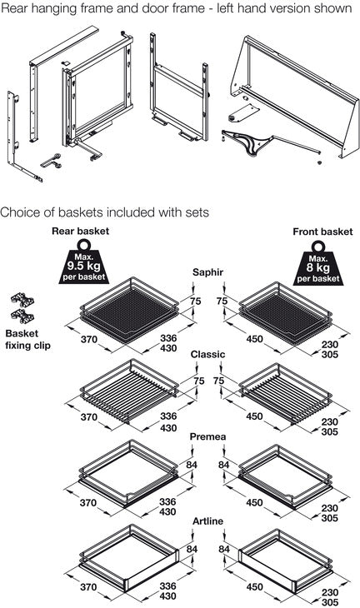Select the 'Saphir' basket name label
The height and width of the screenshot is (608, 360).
click(208, 272)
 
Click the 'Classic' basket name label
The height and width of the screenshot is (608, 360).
click(207, 355)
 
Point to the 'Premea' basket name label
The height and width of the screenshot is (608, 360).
click(207, 436)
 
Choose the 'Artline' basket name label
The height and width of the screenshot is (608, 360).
click(208, 521)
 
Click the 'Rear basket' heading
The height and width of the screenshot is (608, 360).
click(80, 231)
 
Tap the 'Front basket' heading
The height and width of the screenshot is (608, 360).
click(322, 232)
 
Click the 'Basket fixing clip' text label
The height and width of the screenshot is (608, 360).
click(28, 339)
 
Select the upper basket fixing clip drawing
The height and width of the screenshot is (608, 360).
click(22, 300)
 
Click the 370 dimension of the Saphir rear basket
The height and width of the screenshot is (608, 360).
click(89, 339)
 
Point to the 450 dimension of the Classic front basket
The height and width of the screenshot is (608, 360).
click(254, 416)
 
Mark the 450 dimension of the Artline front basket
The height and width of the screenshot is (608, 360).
click(254, 587)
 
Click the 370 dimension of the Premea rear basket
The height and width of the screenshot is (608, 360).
click(88, 503)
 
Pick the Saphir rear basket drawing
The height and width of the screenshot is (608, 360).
click(129, 310)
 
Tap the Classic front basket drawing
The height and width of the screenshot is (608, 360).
click(286, 393)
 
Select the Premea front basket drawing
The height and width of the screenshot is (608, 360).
click(286, 476)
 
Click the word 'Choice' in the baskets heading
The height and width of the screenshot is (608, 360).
click(19, 212)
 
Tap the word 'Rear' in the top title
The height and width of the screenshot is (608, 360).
click(15, 8)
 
